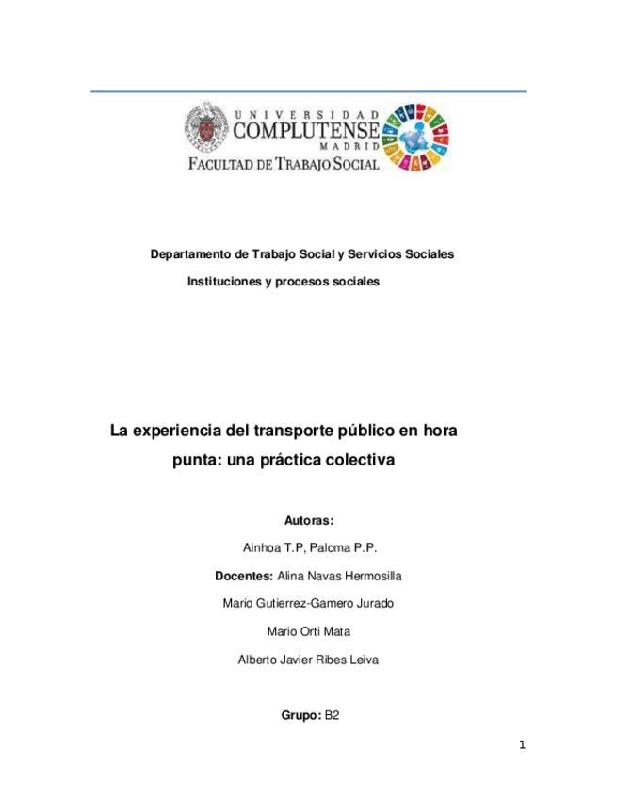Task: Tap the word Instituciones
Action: point(223,282)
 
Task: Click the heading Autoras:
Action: point(309,520)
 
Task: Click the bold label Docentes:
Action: point(246,575)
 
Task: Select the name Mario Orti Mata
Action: point(309,631)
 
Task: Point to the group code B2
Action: point(332,716)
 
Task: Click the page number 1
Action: point(521,746)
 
